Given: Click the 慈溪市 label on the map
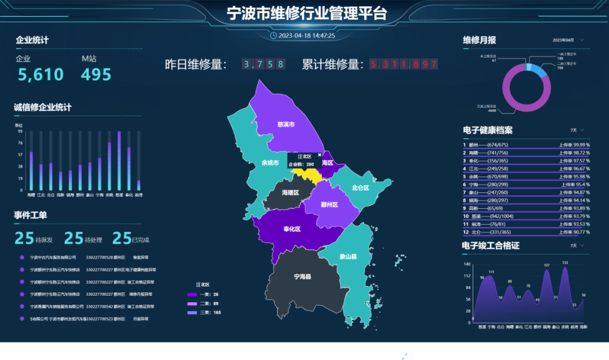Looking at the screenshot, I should (286, 124).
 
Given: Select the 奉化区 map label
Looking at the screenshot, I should (292, 230).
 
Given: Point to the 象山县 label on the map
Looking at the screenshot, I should (348, 257).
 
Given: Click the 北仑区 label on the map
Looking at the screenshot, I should (360, 188).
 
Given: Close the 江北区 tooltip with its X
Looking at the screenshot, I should (320, 155).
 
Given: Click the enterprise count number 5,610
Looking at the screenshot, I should (41, 74).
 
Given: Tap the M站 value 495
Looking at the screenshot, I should (96, 74).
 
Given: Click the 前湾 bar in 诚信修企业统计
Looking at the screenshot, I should (139, 185).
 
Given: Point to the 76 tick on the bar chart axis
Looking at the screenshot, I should (20, 143).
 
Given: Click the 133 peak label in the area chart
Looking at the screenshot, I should (565, 263).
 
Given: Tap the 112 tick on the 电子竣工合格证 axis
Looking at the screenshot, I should (467, 276).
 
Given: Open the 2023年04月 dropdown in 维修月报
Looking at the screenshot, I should (568, 40).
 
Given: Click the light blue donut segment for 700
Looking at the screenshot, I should (542, 72).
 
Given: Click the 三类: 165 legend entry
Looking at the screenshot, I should (206, 312).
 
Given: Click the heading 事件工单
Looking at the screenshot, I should (30, 215).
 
